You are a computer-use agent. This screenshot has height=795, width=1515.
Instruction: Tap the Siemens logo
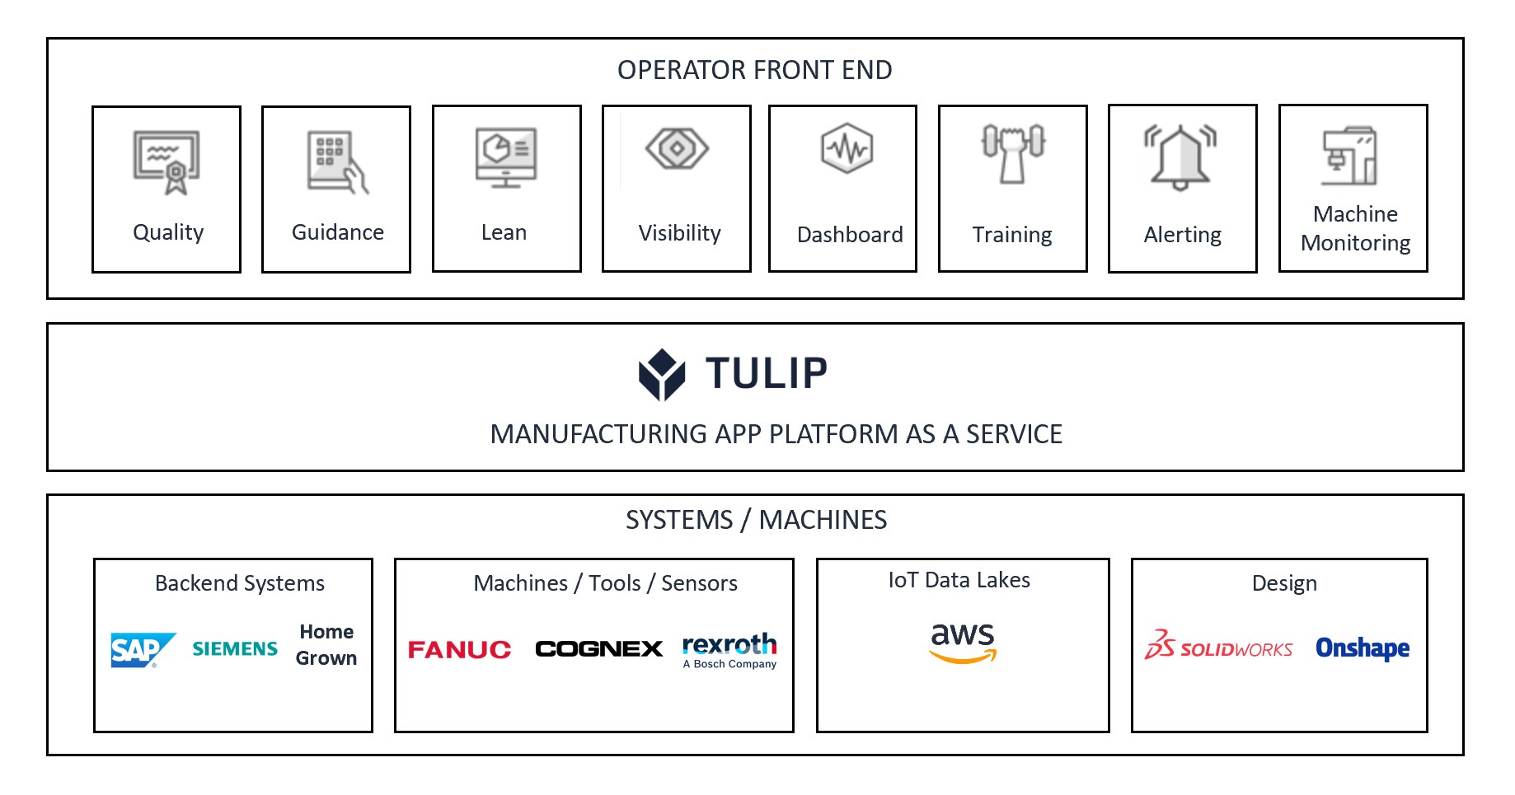[235, 649]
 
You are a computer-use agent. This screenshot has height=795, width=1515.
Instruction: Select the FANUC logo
[459, 650]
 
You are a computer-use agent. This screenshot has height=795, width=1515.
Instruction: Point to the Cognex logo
[598, 649]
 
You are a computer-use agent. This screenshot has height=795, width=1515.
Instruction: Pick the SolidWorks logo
[1218, 647]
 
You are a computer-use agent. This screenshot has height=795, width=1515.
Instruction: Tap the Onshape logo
[1362, 648]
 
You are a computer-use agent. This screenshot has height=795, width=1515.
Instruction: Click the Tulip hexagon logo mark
[662, 375]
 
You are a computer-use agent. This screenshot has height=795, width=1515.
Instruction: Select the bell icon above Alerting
[1181, 157]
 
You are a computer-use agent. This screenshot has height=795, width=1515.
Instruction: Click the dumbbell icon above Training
[1013, 152]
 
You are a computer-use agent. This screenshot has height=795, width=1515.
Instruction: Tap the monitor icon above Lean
[506, 157]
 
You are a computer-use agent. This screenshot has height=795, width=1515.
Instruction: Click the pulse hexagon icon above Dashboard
[847, 148]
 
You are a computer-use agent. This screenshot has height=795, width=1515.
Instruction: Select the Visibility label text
[679, 233]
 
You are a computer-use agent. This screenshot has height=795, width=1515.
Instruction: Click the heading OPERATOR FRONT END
[754, 70]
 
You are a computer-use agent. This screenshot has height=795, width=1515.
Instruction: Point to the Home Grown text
[326, 645]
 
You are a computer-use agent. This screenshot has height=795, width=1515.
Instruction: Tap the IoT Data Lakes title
[959, 580]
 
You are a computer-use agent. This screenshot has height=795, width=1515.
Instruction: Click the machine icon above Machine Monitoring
[1349, 156]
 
